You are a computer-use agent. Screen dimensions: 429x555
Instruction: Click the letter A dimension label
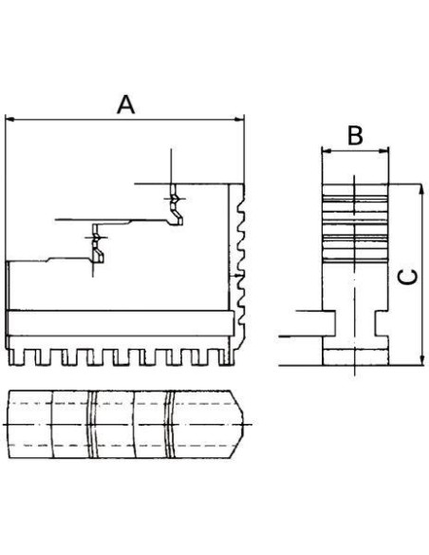(126, 105)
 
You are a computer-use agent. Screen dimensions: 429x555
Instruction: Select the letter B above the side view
(355, 136)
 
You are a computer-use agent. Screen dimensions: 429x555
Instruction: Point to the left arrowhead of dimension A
(9, 120)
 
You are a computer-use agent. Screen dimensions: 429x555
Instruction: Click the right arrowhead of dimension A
(240, 120)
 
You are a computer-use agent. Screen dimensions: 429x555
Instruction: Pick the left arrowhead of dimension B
(326, 151)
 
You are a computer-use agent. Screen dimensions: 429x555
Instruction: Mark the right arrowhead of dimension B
(383, 151)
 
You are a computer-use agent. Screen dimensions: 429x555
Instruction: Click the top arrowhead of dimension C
(420, 189)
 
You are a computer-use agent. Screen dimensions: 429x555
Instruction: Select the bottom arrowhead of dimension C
(420, 360)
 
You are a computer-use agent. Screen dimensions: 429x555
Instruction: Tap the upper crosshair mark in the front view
(173, 200)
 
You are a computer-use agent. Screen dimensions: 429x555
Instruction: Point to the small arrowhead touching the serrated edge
(240, 275)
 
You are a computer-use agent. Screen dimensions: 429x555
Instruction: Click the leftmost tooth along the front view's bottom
(12, 356)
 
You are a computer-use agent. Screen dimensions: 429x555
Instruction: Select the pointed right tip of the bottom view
(244, 424)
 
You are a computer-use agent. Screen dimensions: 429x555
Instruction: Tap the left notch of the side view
(328, 323)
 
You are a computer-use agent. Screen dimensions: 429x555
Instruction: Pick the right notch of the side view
(382, 323)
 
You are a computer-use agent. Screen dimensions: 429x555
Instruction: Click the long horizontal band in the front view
(121, 323)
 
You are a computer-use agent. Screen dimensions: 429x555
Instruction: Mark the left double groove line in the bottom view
(92, 425)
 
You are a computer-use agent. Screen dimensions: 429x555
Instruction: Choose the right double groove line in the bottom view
(170, 425)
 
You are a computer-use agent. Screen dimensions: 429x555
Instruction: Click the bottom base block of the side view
(355, 356)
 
